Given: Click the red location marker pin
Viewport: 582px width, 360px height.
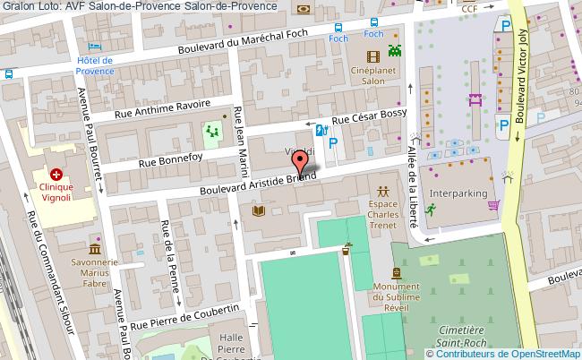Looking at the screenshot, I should [x=302, y=161].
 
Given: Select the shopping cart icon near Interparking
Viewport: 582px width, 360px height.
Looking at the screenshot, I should [x=493, y=205].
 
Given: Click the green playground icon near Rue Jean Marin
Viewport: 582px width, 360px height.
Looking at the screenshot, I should [x=212, y=133].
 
